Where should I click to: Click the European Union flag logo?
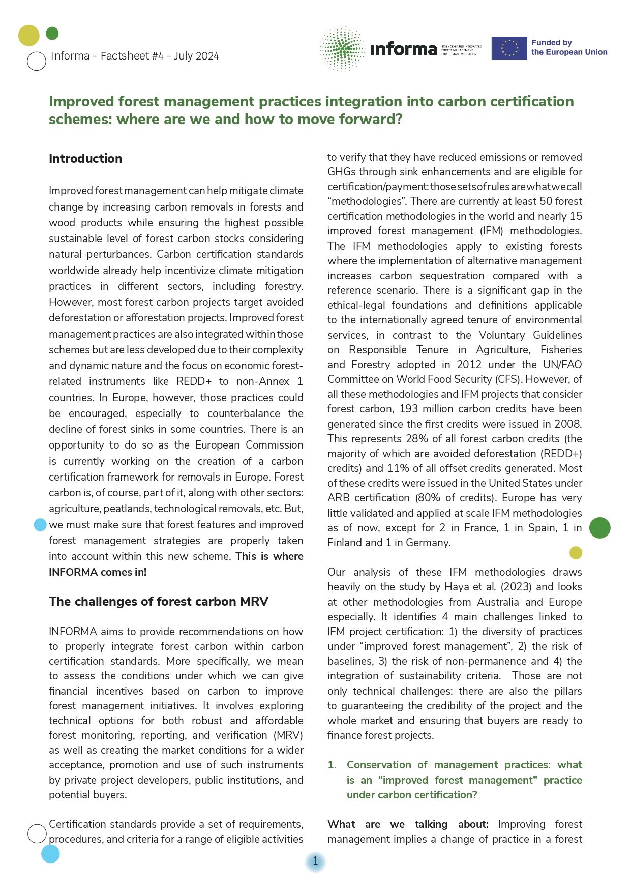click(509, 48)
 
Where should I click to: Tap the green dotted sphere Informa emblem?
click(342, 48)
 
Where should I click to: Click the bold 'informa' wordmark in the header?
click(404, 49)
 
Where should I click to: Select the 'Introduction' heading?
click(85, 159)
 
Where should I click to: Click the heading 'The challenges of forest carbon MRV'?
click(158, 602)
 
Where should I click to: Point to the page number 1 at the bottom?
click(315, 861)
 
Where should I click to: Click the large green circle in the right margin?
click(599, 527)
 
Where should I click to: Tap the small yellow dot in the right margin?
click(576, 553)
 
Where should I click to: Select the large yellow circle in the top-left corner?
click(29, 35)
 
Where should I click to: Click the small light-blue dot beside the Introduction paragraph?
click(40, 525)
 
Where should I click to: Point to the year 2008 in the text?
click(568, 424)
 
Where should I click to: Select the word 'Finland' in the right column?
click(346, 543)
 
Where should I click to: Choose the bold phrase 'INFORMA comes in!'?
click(98, 572)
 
